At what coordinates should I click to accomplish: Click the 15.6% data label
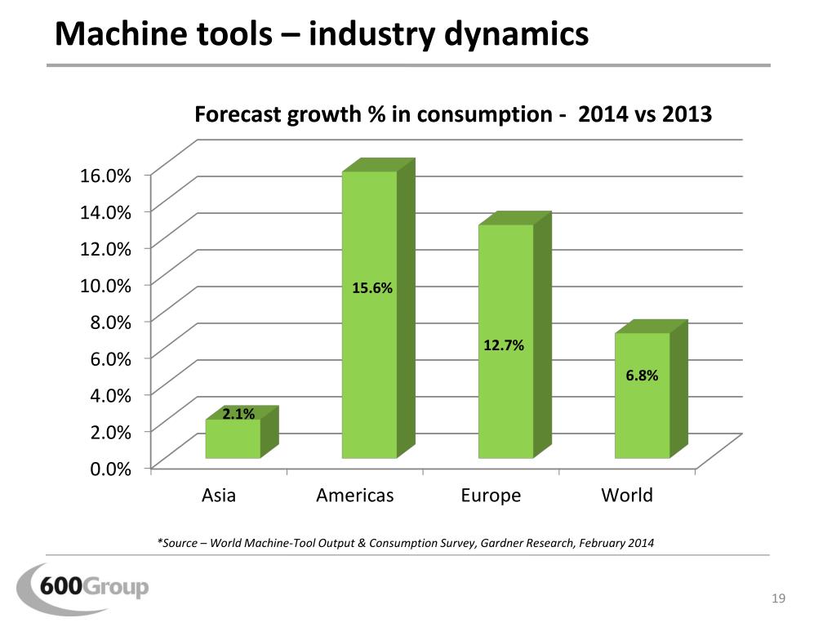click(x=372, y=287)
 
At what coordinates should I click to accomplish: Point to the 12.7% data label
click(x=504, y=346)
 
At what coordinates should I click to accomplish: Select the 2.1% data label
click(x=238, y=414)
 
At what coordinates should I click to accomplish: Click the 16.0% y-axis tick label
click(x=104, y=175)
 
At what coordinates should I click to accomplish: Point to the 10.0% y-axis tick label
click(x=104, y=285)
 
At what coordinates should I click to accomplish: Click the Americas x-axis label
click(x=354, y=496)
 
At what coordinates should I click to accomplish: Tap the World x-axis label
click(x=627, y=496)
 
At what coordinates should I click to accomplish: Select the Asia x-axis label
click(x=218, y=496)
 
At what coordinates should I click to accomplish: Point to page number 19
click(x=777, y=601)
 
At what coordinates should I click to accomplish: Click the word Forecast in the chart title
click(x=237, y=114)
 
